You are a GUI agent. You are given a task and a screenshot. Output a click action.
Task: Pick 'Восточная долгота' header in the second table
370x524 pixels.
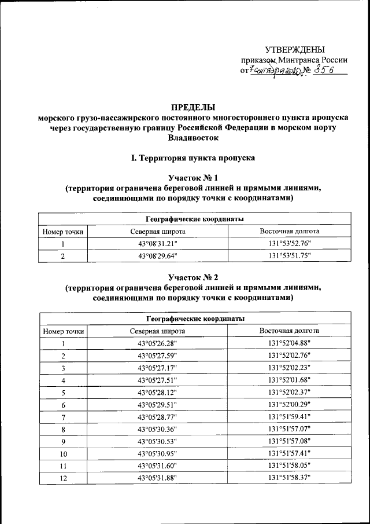coord(289,331)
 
